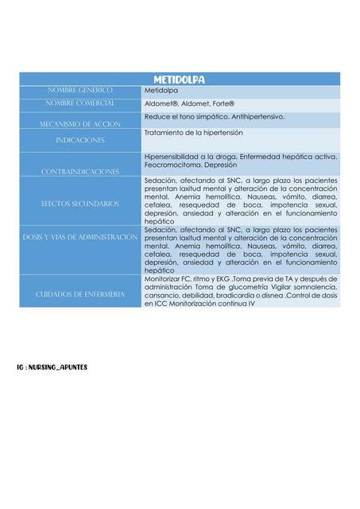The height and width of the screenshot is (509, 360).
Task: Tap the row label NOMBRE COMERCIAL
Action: point(80,103)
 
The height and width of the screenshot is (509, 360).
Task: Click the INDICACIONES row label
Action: point(79,140)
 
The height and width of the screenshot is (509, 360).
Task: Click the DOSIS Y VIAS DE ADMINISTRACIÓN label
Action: point(80,237)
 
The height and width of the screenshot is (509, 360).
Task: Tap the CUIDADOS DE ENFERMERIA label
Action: point(80,294)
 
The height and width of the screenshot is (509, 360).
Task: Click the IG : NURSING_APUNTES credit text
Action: point(52,367)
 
